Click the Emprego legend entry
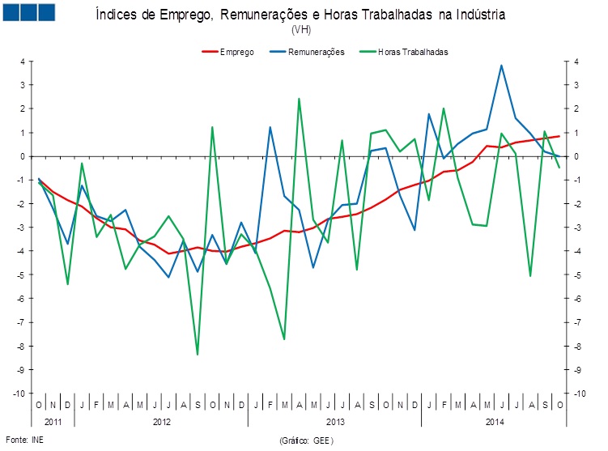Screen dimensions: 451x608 [x=236, y=52]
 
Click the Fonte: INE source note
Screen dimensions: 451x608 [x=24, y=439]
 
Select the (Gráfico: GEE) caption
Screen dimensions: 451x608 [x=305, y=440]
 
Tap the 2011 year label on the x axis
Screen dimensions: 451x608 [x=53, y=422]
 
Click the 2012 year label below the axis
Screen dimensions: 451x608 [x=162, y=422]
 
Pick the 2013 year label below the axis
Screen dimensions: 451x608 [x=335, y=422]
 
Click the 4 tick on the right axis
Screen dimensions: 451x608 [x=575, y=61]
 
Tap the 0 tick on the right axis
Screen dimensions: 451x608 [x=575, y=156]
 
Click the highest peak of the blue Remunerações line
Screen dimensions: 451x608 [x=501, y=66]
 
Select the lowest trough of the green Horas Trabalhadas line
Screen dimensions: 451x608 [x=198, y=355]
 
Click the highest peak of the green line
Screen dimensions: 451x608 [x=299, y=99]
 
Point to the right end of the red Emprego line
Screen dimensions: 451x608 [x=559, y=136]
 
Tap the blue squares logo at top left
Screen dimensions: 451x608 [x=28, y=12]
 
